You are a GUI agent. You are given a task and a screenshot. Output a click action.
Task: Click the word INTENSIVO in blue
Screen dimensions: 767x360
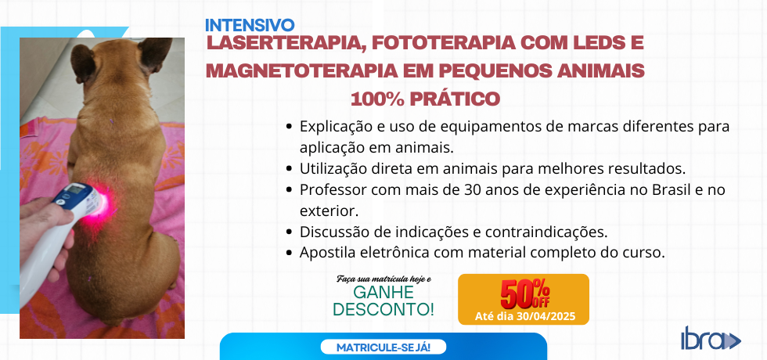point(250,25)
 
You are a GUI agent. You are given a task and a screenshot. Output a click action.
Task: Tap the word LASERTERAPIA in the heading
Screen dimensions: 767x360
point(286,43)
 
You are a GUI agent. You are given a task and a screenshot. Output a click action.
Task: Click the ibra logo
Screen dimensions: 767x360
point(711,338)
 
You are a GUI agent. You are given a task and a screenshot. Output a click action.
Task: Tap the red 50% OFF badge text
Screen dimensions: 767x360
point(524,293)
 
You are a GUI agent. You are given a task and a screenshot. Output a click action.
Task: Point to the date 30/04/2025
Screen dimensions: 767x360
point(547,316)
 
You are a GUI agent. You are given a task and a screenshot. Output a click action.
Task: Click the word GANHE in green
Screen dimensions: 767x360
point(383,293)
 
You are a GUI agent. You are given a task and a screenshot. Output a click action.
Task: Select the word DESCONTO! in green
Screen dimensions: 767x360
point(383,309)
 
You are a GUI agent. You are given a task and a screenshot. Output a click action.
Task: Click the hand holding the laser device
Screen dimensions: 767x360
point(43,230)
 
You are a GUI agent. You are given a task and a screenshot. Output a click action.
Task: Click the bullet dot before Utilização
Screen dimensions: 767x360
point(290,169)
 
